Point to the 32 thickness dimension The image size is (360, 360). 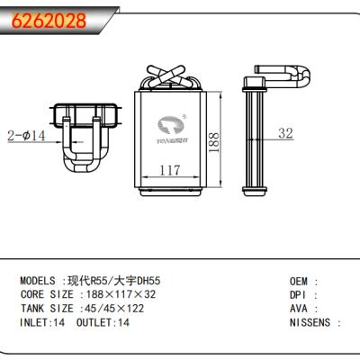(285, 134)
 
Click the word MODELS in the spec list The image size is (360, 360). (40, 281)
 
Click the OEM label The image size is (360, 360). (300, 281)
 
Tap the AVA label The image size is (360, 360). (300, 308)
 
